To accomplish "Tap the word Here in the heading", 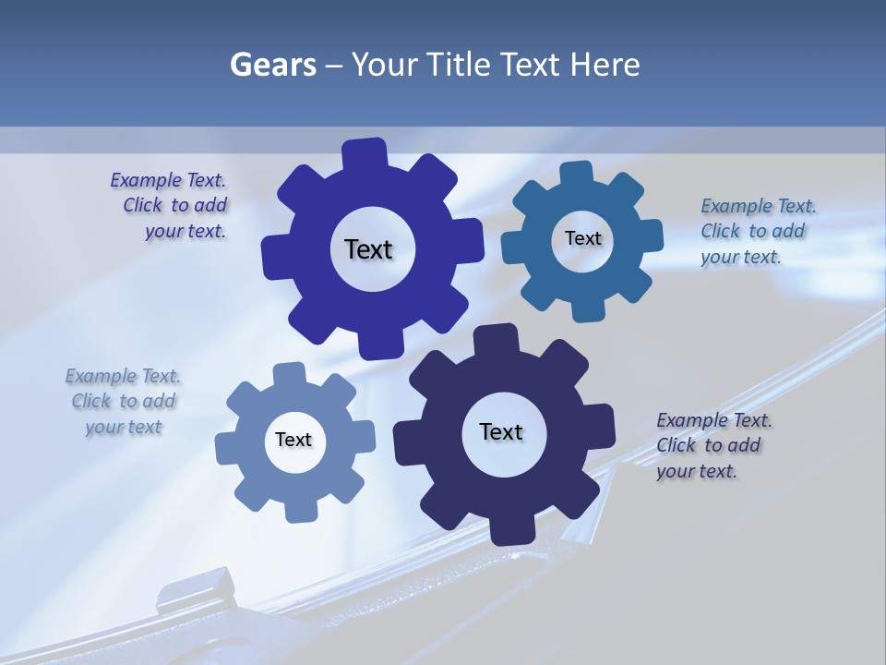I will tap(605, 65).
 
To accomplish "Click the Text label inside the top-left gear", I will tap(369, 249).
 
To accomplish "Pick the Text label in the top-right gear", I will tap(583, 238).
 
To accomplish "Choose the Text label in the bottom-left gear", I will tap(293, 440).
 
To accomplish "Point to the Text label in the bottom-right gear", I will tap(501, 431).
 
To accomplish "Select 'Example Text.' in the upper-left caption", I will tap(168, 180).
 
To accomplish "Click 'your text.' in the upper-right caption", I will tap(740, 257).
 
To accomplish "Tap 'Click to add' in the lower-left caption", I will tap(124, 401).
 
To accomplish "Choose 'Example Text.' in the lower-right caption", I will tap(714, 420).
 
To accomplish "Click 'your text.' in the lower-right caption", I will tap(697, 471).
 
